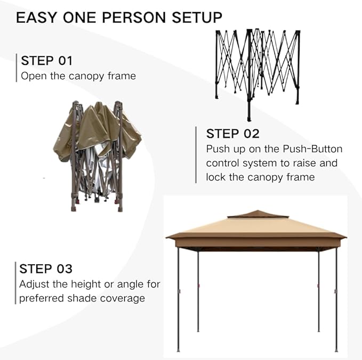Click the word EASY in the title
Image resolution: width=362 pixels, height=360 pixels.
tap(36, 18)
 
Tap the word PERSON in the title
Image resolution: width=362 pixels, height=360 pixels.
tap(134, 18)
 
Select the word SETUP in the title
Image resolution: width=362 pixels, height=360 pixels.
tap(197, 18)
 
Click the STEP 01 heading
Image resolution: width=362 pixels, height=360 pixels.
tap(46, 61)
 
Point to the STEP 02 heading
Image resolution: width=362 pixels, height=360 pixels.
tap(232, 134)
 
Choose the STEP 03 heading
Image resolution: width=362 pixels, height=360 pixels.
tap(46, 269)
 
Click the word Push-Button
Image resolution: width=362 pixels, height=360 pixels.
tap(312, 149)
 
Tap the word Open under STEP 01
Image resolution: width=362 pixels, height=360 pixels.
tap(34, 76)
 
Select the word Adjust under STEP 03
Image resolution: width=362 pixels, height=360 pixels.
tap(34, 284)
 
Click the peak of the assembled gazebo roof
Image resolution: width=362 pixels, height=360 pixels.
tap(258, 210)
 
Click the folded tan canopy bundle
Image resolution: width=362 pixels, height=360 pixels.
tap(97, 155)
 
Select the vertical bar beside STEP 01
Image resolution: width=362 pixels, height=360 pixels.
tap(17, 68)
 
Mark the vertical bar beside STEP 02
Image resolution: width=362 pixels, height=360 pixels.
tap(196, 155)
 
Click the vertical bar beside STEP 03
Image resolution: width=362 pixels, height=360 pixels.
tap(15, 283)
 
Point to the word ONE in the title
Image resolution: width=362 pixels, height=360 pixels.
tap(79, 18)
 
